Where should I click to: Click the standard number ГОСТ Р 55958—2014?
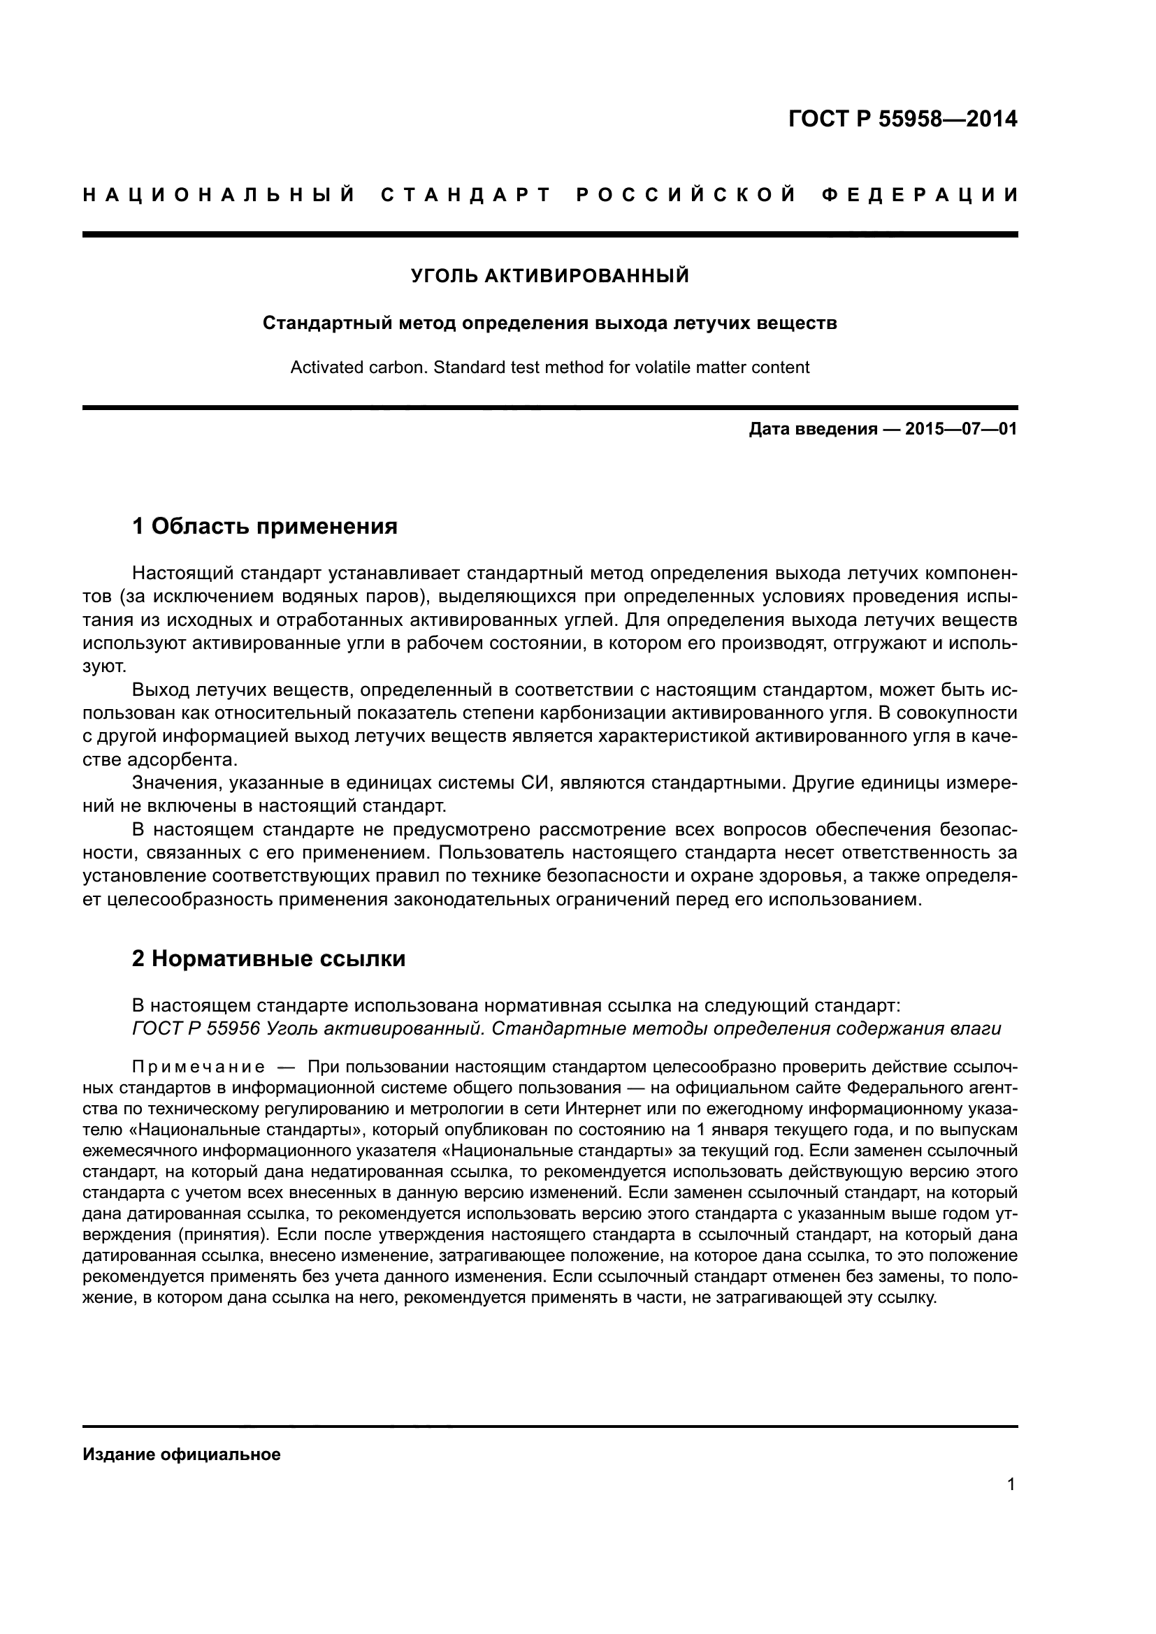click(902, 119)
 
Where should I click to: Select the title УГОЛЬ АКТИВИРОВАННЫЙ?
click(549, 276)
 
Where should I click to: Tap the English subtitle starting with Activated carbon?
click(549, 368)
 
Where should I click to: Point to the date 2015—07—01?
click(960, 430)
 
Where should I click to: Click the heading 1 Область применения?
click(265, 527)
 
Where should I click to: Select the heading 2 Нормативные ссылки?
click(268, 958)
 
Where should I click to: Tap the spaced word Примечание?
click(198, 1067)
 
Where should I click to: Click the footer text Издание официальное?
click(182, 1454)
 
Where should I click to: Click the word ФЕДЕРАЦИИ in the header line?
click(920, 195)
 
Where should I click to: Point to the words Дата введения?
click(812, 430)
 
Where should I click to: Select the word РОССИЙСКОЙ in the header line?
click(686, 195)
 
